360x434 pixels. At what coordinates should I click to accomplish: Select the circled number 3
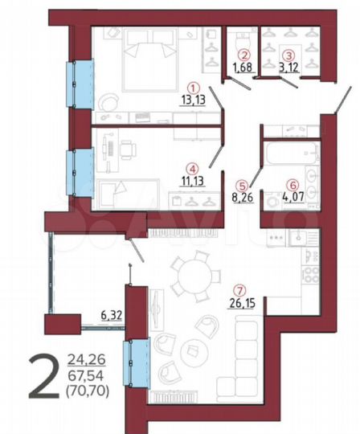tap(288, 55)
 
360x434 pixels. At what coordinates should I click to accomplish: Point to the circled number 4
tap(191, 169)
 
